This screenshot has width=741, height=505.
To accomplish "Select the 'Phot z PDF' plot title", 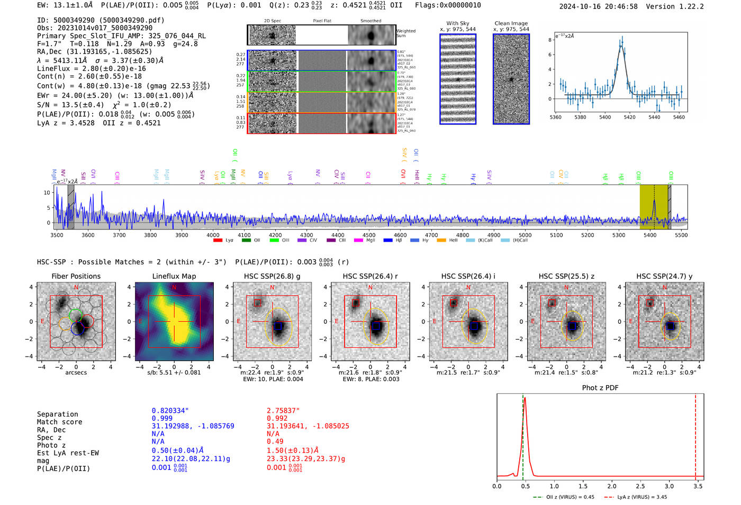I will click(x=600, y=388).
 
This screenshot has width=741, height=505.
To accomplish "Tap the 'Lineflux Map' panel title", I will click(x=174, y=276).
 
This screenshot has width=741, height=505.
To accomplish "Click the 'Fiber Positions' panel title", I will click(x=76, y=276).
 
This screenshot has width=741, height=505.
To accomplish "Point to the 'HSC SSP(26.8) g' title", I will click(x=272, y=276).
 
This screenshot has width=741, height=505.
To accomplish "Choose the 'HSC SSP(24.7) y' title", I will click(x=664, y=276).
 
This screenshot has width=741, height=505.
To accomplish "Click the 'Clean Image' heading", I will click(x=511, y=23).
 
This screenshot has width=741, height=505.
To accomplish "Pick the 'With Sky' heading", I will click(x=457, y=23).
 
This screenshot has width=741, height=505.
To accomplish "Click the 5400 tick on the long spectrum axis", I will click(x=649, y=235).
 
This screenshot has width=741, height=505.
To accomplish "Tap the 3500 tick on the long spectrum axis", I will click(x=57, y=235).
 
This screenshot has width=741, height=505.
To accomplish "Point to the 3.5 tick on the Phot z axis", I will click(x=698, y=486).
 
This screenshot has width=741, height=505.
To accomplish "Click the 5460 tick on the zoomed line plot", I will click(x=679, y=117).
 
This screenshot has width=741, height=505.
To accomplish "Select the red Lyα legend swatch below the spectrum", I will click(x=218, y=241).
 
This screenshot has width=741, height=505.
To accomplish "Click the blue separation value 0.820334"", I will click(x=170, y=411).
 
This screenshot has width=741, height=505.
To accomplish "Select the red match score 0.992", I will click(x=277, y=419).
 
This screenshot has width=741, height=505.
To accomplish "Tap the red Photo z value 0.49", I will click(x=275, y=441).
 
